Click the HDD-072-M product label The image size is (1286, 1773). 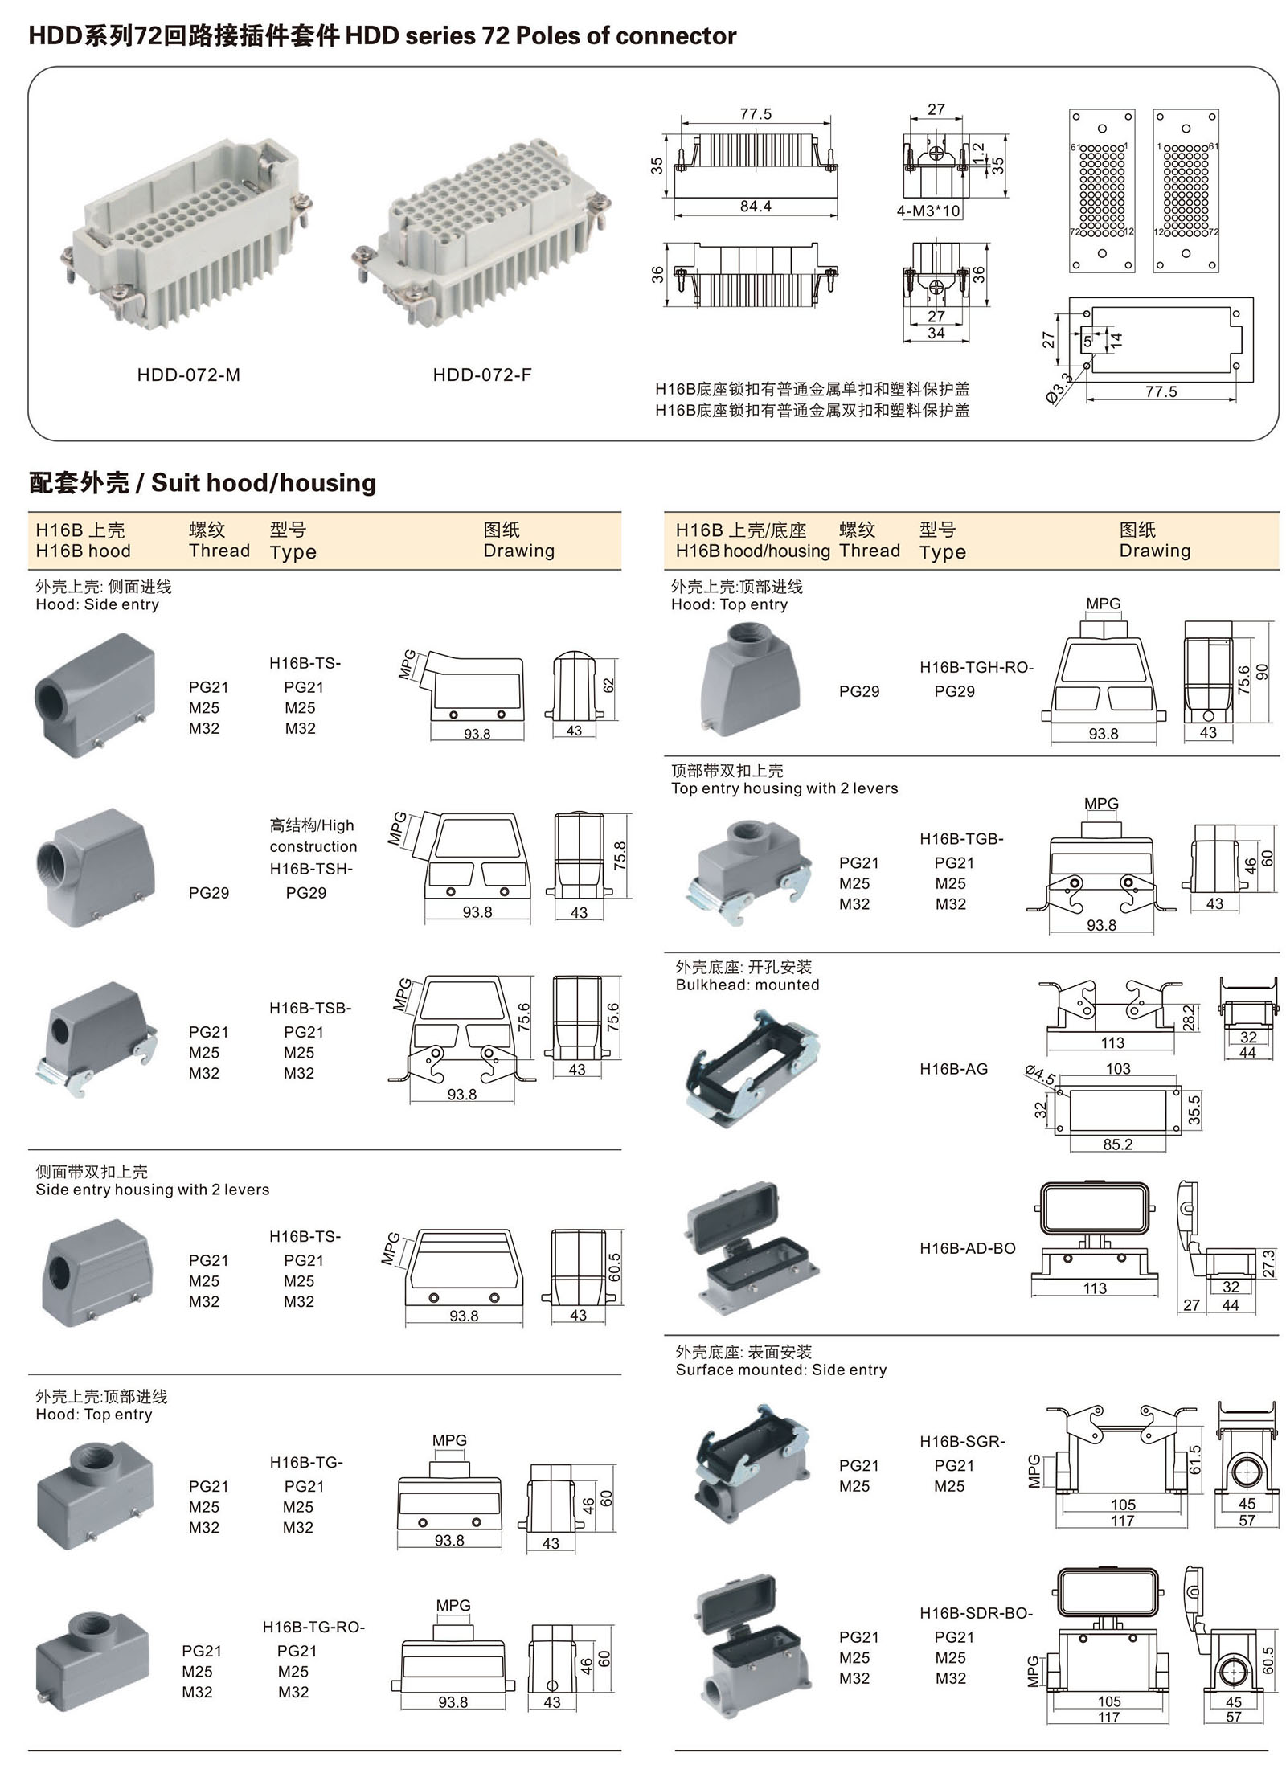coord(188,375)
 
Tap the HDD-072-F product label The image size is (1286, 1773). coord(481,375)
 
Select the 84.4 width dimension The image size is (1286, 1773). coord(755,207)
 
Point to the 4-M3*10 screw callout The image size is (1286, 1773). coord(928,211)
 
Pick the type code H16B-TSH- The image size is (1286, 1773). coord(311,869)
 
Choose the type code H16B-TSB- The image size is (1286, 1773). coord(310,1008)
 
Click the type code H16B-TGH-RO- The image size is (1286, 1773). coord(977,667)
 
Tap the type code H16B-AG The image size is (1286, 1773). coord(953,1069)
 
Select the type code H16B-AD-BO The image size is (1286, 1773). coord(967,1248)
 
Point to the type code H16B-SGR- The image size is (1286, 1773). coord(962,1442)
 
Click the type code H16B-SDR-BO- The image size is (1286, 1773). coord(976,1613)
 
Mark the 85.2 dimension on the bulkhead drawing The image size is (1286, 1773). coord(1117,1144)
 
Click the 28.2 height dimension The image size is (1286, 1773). coord(1189,1018)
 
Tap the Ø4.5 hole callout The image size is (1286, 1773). coord(1040,1075)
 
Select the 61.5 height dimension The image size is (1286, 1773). coord(1194,1460)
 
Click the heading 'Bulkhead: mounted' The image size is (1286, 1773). coord(747,985)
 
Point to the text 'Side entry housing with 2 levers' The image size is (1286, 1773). coord(152,1190)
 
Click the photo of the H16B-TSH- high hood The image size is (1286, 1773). coord(95,868)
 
